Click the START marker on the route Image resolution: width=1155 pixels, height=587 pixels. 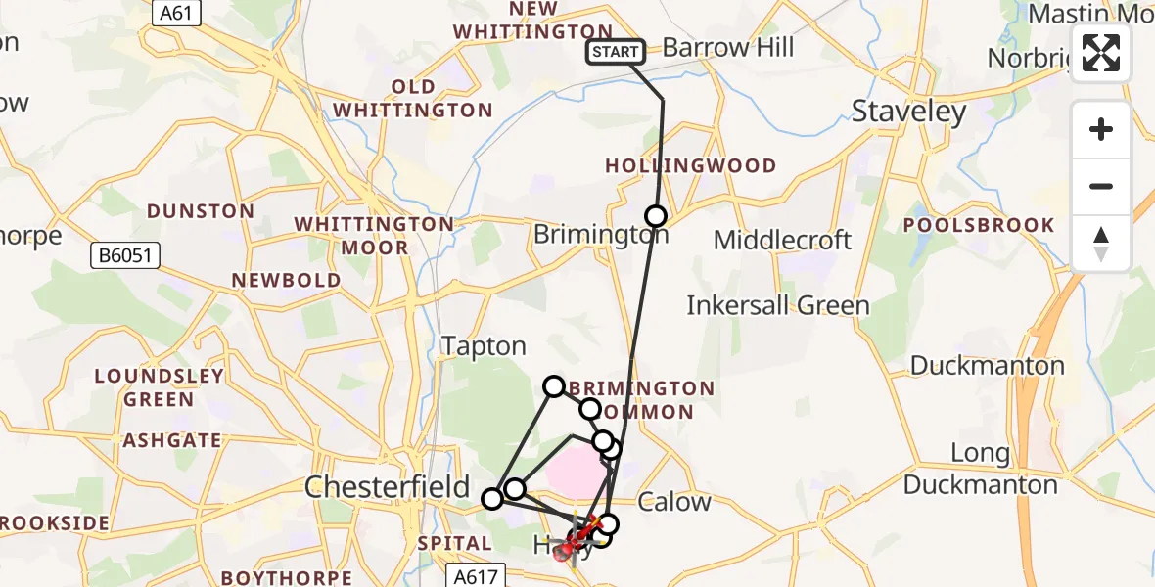click(x=616, y=52)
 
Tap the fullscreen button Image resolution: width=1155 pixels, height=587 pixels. click(x=1101, y=53)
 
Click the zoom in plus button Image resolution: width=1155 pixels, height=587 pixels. click(x=1101, y=129)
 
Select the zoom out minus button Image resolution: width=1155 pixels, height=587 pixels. click(x=1101, y=186)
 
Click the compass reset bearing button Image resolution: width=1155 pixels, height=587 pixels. click(x=1101, y=244)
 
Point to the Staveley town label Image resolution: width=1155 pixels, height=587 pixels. click(x=908, y=112)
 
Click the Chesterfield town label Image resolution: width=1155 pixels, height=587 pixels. click(x=388, y=486)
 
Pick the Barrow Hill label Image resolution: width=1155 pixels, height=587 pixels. click(x=728, y=47)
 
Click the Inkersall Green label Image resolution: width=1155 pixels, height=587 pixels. click(x=777, y=305)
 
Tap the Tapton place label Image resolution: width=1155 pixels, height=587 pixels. click(x=484, y=346)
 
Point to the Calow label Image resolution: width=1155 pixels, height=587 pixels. click(x=673, y=503)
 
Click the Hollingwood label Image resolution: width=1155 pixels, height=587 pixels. click(x=690, y=166)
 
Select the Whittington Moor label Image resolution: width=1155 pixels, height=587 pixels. click(x=374, y=236)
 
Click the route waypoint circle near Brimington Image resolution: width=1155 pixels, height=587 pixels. click(x=655, y=216)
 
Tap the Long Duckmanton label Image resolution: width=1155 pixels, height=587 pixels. click(x=980, y=469)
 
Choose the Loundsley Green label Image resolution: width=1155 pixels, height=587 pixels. click(x=160, y=387)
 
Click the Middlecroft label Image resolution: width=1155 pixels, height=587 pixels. click(x=782, y=240)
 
